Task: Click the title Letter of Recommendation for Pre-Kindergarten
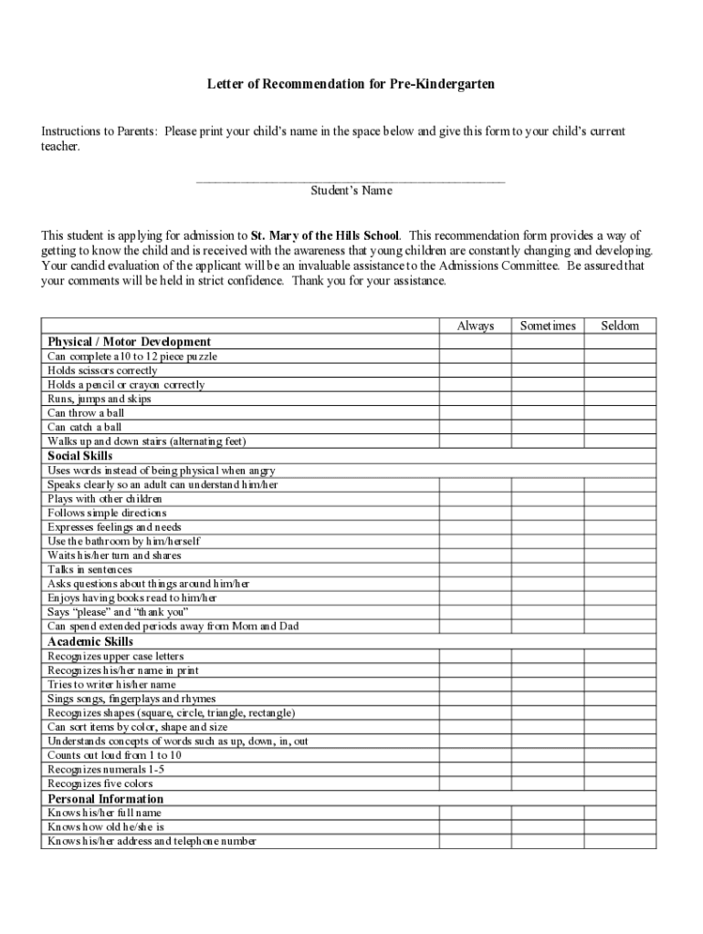coord(351,85)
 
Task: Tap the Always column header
coord(475,326)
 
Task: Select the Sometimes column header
coord(548,326)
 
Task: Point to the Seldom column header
coord(620,326)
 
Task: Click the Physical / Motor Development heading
coord(129,342)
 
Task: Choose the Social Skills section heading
coord(80,455)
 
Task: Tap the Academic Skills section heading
coord(90,641)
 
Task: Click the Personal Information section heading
coord(105,799)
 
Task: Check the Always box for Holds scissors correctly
coord(475,370)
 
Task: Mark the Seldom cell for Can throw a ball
coord(620,413)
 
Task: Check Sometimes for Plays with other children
coord(548,499)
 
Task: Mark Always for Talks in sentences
coord(475,570)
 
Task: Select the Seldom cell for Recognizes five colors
coord(620,784)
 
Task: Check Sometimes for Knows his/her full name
coord(548,813)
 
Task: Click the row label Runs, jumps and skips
coord(100,399)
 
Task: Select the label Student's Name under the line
coord(351,192)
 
